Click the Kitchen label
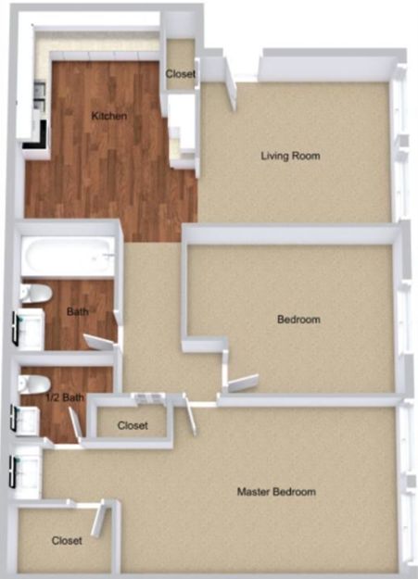click(109, 116)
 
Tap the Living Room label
click(290, 156)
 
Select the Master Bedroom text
click(276, 492)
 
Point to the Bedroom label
click(298, 319)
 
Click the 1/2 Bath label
click(65, 397)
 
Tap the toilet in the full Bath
click(35, 294)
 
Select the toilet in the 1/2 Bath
click(34, 384)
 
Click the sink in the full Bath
click(30, 330)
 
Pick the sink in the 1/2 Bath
click(26, 421)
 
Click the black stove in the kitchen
click(36, 134)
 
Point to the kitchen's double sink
click(40, 96)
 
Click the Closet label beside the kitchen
click(180, 74)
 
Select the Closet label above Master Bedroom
click(133, 425)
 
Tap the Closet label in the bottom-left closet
click(67, 541)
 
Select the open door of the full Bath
click(99, 342)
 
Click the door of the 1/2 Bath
click(74, 423)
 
